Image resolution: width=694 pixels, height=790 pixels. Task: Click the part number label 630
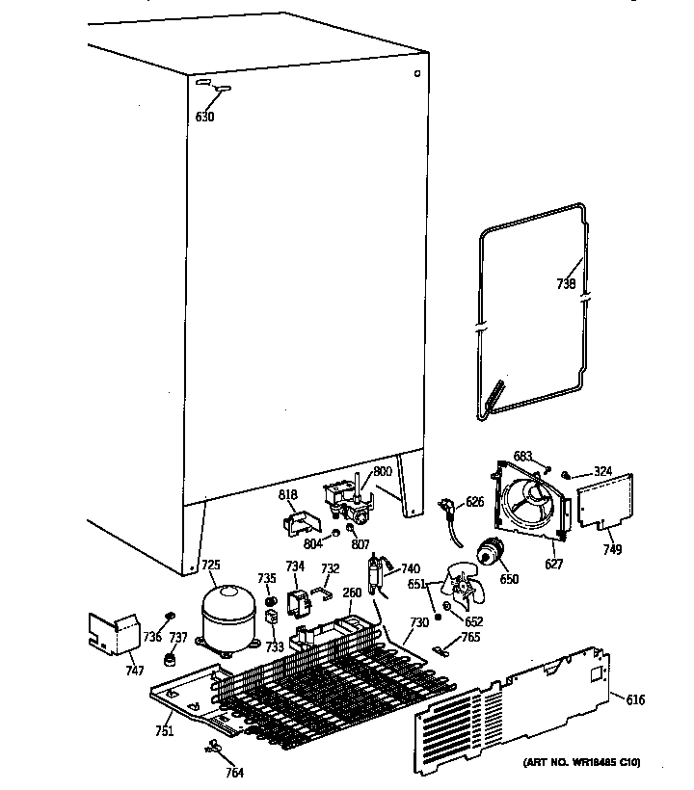204,118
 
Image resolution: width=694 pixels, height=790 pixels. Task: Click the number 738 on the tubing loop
567,284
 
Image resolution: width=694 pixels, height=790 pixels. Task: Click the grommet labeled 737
172,660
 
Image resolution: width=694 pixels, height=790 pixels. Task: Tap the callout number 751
165,731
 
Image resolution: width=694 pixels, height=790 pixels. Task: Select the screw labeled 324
570,473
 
